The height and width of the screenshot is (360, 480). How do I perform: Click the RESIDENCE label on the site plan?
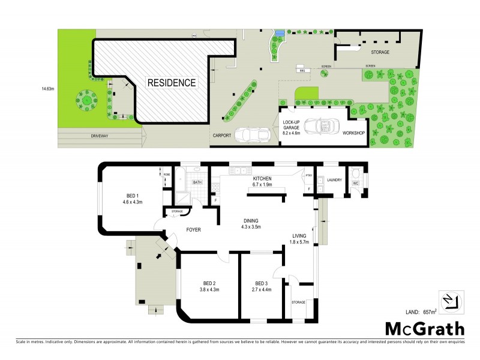click(172, 83)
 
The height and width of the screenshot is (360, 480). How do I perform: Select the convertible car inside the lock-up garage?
click(321, 127)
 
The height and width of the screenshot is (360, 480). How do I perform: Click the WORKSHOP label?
click(353, 133)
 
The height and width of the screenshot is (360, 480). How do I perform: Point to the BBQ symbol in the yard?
click(302, 70)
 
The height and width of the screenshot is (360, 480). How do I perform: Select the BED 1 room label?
click(133, 196)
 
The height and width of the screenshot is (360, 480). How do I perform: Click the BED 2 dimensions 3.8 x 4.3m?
click(208, 290)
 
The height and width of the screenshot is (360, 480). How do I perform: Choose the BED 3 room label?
click(260, 283)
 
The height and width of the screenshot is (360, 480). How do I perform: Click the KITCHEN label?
click(262, 179)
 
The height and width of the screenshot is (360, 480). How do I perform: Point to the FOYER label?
click(193, 230)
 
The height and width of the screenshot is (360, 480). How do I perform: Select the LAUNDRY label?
click(334, 179)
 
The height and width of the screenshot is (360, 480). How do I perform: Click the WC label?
click(355, 183)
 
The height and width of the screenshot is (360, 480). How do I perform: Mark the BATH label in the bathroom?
click(196, 182)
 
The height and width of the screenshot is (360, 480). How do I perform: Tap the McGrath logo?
click(424, 328)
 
